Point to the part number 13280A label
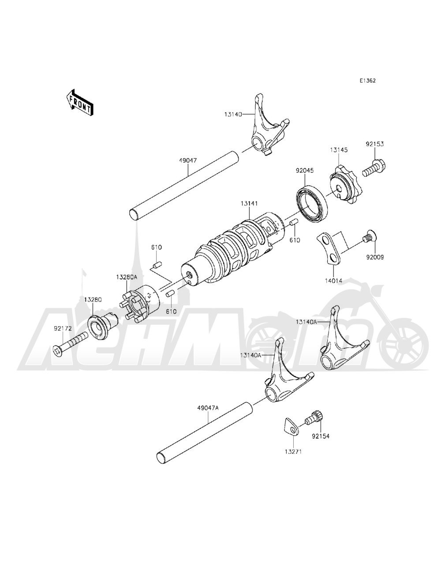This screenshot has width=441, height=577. tap(127, 277)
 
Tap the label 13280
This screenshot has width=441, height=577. tap(93, 299)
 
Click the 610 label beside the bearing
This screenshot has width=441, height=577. tap(294, 241)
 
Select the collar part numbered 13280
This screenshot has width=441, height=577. tap(103, 326)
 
